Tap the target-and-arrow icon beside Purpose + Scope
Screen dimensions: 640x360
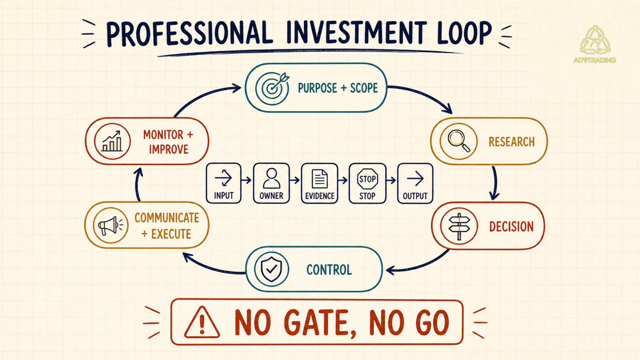pyautogui.click(x=272, y=88)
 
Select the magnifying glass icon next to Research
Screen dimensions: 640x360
pyautogui.click(x=458, y=141)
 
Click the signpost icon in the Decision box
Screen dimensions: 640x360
pyautogui.click(x=459, y=226)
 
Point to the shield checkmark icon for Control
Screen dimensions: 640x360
pyautogui.click(x=272, y=269)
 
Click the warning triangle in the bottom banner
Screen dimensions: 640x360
pyautogui.click(x=202, y=322)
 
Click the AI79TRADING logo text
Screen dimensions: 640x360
pyautogui.click(x=594, y=60)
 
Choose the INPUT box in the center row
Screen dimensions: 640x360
pyautogui.click(x=224, y=183)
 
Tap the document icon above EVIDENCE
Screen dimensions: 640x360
pyautogui.click(x=320, y=178)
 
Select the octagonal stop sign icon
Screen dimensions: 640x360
pyautogui.click(x=368, y=179)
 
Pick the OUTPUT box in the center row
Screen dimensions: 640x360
pyautogui.click(x=415, y=183)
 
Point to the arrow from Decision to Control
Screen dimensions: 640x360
pyautogui.click(x=420, y=265)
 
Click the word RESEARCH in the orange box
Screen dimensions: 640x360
pyautogui.click(x=512, y=142)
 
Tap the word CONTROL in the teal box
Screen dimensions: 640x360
pyautogui.click(x=329, y=270)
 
